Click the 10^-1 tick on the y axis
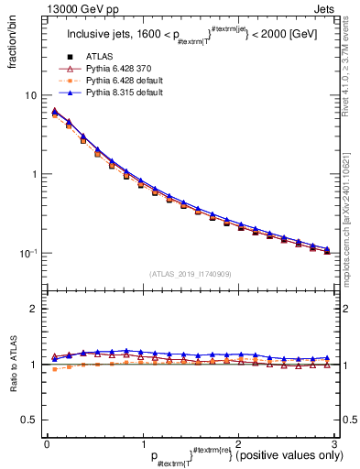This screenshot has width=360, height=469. tap(27, 253)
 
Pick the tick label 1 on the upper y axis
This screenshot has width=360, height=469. tap(33, 174)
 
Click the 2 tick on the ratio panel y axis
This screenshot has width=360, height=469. tap(33, 309)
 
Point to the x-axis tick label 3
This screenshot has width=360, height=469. tap(334, 443)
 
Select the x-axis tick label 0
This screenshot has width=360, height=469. tap(47, 443)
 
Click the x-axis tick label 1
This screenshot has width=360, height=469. tap(142, 443)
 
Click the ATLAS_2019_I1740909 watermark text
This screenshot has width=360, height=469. tap(191, 274)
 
